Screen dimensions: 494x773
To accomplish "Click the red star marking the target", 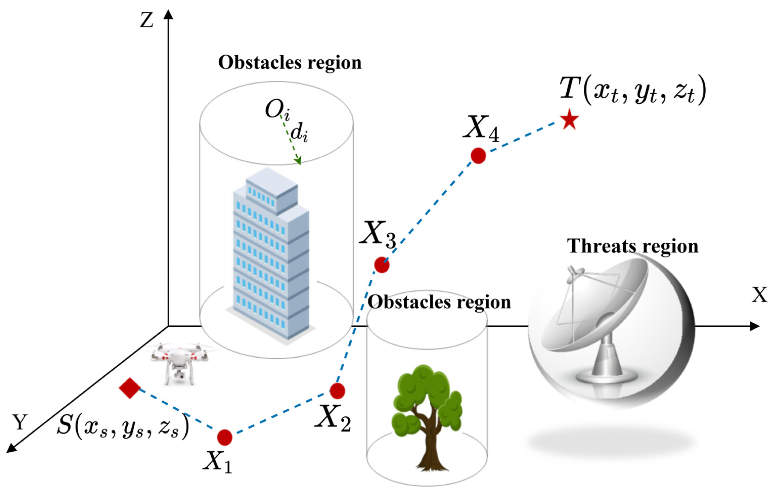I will click(x=570, y=119).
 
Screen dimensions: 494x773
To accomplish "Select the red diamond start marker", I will click(x=129, y=388).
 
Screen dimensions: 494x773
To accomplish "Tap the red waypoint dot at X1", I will click(x=224, y=437).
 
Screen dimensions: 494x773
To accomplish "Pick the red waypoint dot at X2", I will click(x=337, y=391).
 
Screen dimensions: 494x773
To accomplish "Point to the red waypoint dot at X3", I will click(x=382, y=265).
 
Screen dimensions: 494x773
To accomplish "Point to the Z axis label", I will click(x=146, y=21).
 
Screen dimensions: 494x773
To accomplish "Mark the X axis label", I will click(x=760, y=295).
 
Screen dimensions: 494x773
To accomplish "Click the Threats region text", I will click(x=632, y=246).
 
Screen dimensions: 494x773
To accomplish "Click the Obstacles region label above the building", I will click(x=290, y=63).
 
